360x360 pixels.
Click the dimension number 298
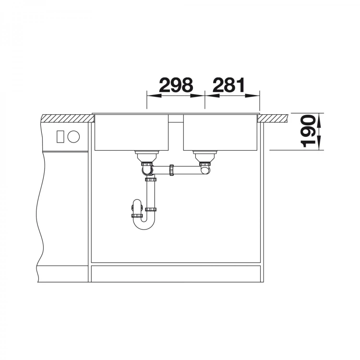pos(176,85)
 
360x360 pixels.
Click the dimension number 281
pos(229,85)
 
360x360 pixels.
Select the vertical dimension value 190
pos(308,131)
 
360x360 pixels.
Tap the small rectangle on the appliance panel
pos(60,137)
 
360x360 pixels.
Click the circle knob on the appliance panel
pos(73,137)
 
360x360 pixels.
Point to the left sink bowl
pos(132,132)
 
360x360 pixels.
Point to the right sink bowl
pos(220,132)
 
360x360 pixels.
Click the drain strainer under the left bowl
pos(147,156)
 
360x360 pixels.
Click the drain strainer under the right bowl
pos(205,156)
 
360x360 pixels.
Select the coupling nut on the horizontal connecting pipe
pos(171,170)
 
